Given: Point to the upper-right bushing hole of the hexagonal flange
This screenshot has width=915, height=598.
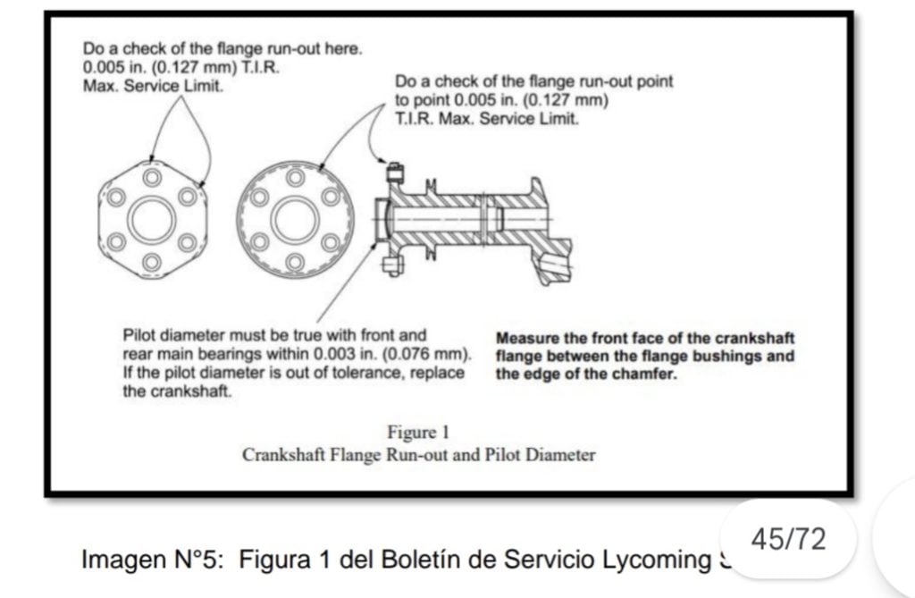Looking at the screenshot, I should pos(187,196).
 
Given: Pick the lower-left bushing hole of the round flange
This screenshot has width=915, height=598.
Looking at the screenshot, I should pos(258,240).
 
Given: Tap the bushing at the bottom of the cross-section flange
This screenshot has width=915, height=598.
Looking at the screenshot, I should pos(389,264).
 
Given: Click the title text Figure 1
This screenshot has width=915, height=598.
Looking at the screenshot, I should pos(418,434).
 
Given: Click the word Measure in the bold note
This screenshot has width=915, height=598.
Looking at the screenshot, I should pos(526,339).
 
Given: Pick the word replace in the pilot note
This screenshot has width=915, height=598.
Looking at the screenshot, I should pos(438,373).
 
